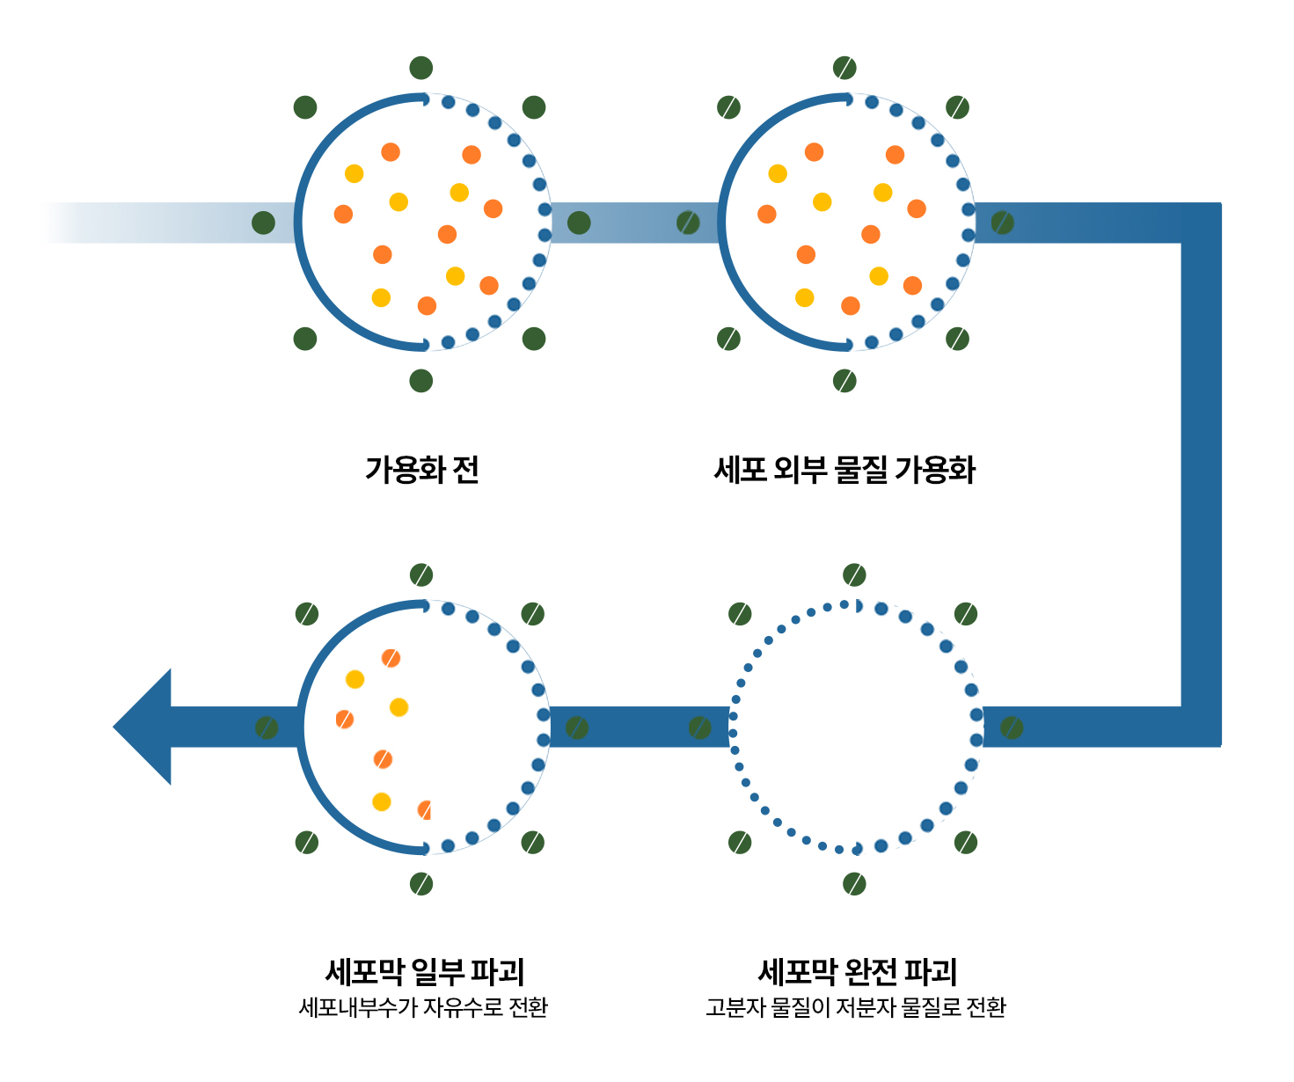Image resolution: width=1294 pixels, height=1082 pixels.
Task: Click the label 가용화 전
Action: pyautogui.click(x=421, y=470)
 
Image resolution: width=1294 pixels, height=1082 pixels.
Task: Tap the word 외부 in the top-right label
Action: pyautogui.click(x=799, y=470)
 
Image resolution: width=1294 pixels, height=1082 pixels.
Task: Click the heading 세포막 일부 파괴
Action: pyautogui.click(x=424, y=972)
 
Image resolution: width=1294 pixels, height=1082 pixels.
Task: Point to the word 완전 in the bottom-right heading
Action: pyautogui.click(x=870, y=972)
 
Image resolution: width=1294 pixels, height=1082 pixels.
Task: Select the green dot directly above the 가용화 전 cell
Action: pyautogui.click(x=421, y=68)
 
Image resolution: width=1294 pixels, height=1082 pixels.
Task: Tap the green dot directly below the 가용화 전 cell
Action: pyautogui.click(x=421, y=381)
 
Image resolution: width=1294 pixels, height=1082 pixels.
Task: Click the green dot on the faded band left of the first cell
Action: pyautogui.click(x=263, y=223)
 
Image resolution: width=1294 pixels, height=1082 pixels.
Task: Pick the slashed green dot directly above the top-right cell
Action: pyautogui.click(x=844, y=68)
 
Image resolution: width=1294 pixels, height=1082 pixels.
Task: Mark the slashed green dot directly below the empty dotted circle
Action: pyautogui.click(x=854, y=883)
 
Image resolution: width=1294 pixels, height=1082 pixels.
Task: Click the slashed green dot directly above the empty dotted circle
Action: pyautogui.click(x=854, y=575)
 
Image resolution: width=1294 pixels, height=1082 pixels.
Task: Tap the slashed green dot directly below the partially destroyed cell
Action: pyautogui.click(x=421, y=883)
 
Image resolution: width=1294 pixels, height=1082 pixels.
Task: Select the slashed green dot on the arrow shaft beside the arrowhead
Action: pyautogui.click(x=267, y=727)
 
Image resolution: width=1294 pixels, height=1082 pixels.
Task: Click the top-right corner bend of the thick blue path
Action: pyautogui.click(x=1200, y=223)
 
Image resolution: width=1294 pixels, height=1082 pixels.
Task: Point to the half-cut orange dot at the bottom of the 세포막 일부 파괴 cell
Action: pyautogui.click(x=425, y=810)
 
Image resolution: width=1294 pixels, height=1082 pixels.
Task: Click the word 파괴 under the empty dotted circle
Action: pyautogui.click(x=931, y=972)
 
